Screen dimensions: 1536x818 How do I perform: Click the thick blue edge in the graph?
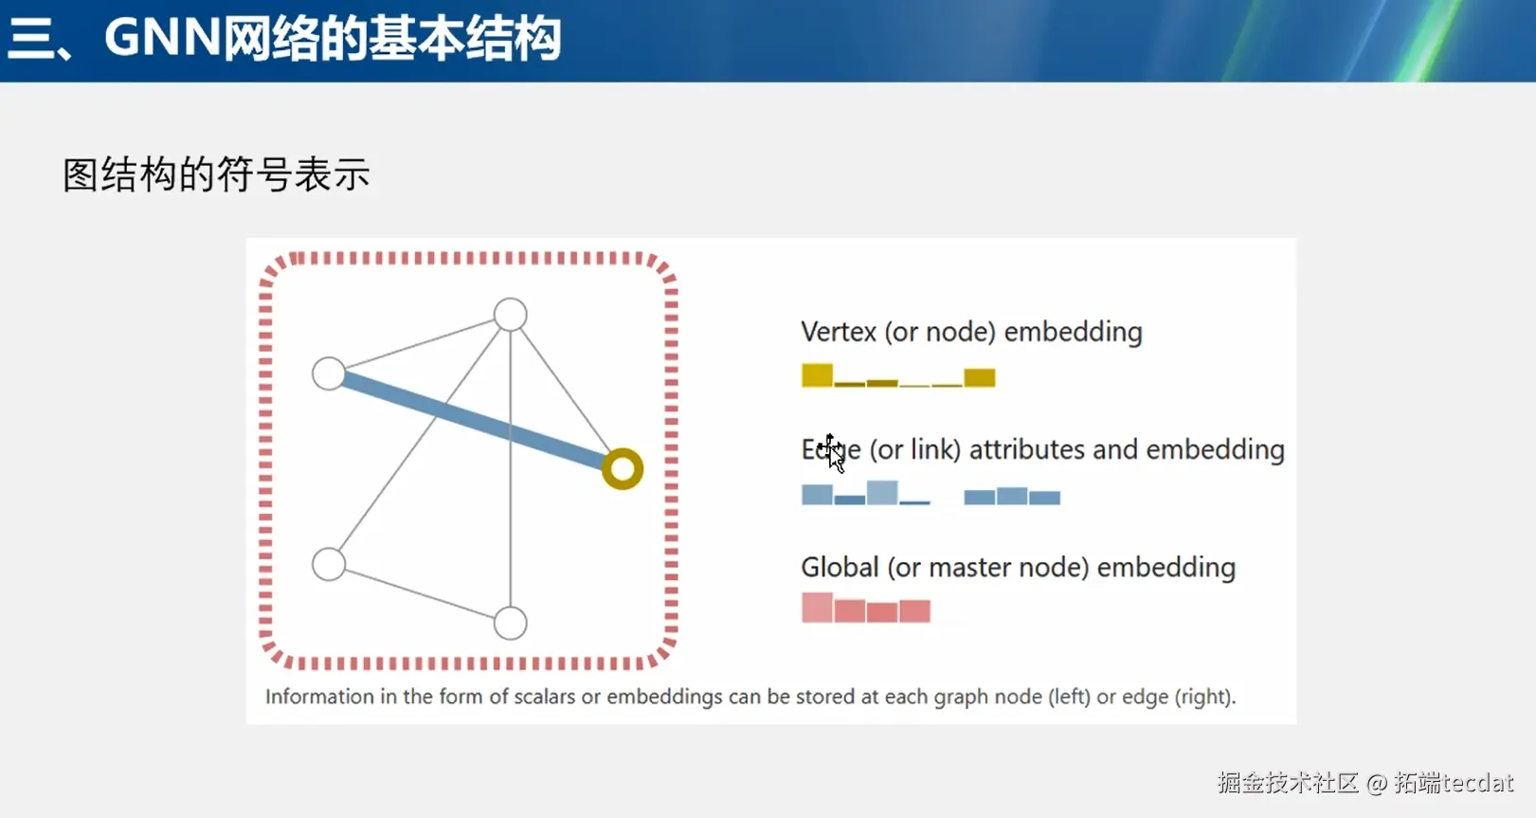point(474,421)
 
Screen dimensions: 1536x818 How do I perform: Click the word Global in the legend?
point(840,568)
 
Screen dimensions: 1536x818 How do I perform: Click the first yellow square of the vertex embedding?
point(817,375)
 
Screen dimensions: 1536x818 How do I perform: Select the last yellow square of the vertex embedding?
point(979,378)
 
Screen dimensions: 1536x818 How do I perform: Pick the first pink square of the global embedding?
point(817,608)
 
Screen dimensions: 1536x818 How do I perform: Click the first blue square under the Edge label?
point(817,495)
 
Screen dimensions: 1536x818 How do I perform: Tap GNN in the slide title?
point(162,37)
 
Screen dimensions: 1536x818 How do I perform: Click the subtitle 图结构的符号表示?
point(217,174)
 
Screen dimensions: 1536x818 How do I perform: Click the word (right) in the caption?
point(1205,697)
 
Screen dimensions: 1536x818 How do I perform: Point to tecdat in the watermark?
point(1477,782)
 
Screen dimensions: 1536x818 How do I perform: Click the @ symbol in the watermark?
point(1377,783)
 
